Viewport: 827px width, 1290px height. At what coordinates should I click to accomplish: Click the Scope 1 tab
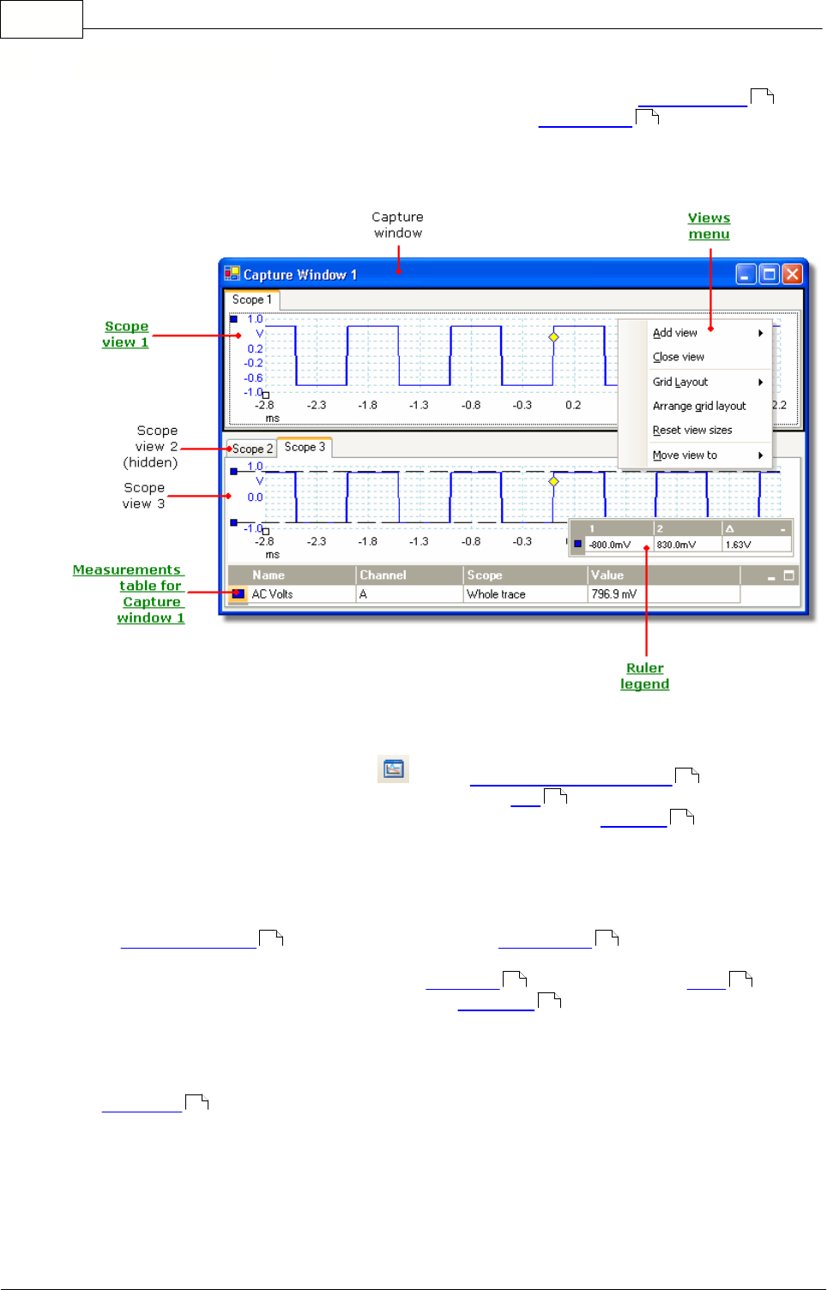(251, 299)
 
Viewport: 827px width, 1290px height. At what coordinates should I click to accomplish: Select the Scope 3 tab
(305, 447)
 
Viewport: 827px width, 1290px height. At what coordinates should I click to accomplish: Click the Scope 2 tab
(251, 449)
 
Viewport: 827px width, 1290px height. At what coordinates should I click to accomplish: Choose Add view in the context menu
(675, 333)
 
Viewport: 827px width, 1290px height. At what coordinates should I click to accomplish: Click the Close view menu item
(678, 357)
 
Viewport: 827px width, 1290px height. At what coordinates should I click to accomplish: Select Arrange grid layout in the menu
(699, 406)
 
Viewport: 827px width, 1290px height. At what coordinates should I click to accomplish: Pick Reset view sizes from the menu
(692, 430)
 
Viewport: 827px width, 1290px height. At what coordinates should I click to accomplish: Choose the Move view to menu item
(685, 455)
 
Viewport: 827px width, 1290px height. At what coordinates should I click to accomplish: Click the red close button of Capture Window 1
(792, 274)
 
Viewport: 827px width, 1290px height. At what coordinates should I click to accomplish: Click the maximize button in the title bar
(770, 274)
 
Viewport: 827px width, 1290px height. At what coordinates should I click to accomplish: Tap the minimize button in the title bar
(746, 274)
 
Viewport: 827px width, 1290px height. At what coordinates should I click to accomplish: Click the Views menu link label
(709, 226)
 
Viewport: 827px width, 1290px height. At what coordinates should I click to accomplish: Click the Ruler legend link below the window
(645, 676)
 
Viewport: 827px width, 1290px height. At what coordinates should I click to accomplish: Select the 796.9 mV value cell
(613, 594)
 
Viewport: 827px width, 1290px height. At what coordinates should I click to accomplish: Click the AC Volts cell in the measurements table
(272, 594)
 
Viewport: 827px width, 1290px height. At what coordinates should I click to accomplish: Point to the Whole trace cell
(496, 594)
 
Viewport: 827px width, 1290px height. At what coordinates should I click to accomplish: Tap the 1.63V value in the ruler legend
(738, 545)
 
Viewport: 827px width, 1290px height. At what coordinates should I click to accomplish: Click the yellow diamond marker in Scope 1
(553, 337)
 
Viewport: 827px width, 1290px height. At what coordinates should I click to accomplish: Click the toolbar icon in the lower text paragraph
(394, 769)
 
